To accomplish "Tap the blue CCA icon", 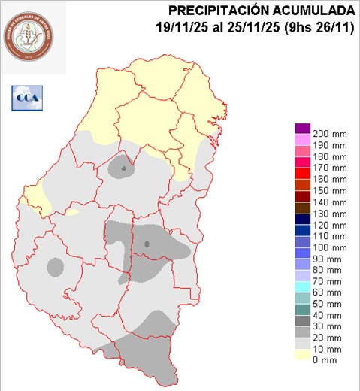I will pyautogui.click(x=28, y=96).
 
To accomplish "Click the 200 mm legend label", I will pyautogui.click(x=329, y=129).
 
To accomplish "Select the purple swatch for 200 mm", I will pyautogui.click(x=303, y=129).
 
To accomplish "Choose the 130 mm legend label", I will pyautogui.click(x=329, y=214).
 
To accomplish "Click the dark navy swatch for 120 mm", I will pyautogui.click(x=303, y=226).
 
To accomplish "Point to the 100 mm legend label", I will pyautogui.click(x=329, y=247).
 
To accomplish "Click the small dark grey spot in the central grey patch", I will pyautogui.click(x=147, y=244).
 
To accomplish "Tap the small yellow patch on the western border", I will pyautogui.click(x=71, y=212).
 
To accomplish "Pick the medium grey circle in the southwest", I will pyautogui.click(x=55, y=265).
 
